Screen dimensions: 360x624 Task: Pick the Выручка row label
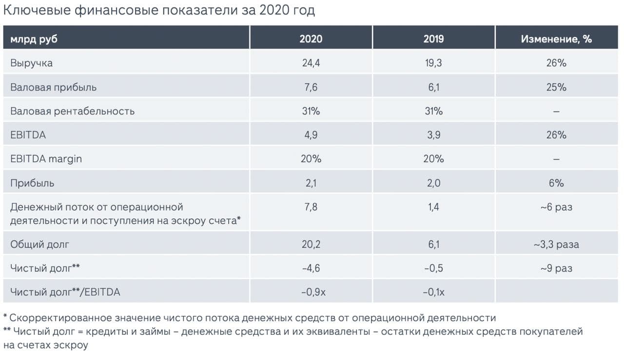tap(32, 63)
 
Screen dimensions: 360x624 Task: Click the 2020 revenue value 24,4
tap(311, 63)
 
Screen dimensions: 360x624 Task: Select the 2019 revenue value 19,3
tap(433, 63)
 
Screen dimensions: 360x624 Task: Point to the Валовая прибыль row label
tap(54, 87)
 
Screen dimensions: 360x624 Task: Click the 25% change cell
tap(556, 87)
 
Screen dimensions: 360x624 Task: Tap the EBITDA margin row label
tap(46, 159)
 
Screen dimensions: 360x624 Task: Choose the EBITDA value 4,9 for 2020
tap(311, 135)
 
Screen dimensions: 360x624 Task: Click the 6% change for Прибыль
tap(556, 183)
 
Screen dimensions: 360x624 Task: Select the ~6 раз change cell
tap(556, 207)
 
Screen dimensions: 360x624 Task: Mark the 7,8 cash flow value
tap(311, 207)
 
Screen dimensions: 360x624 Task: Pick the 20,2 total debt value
tap(311, 244)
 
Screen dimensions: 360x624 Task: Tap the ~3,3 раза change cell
tap(556, 244)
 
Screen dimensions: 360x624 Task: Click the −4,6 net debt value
tap(311, 268)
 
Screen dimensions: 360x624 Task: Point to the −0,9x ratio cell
tap(311, 292)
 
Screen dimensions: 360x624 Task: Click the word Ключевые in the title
tap(37, 10)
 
